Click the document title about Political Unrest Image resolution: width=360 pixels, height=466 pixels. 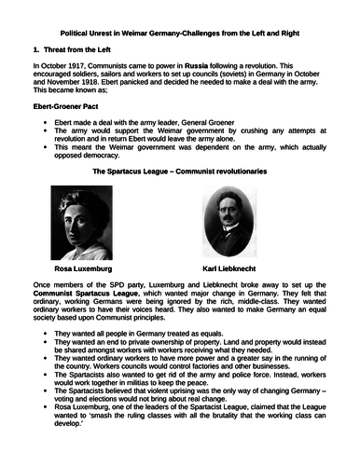[x=181, y=31]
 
